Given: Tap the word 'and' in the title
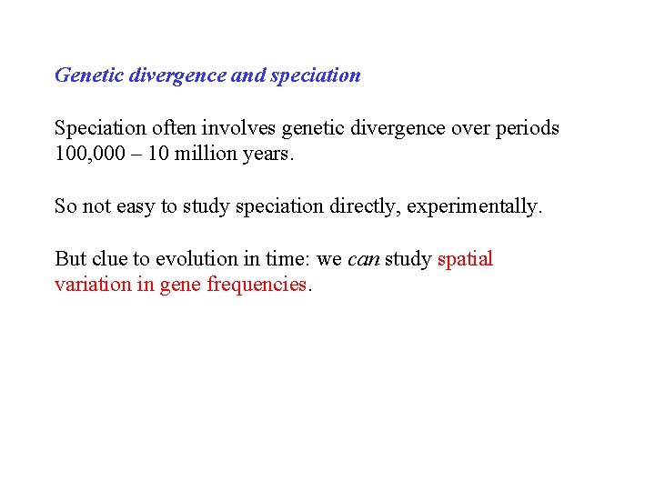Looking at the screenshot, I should (247, 75).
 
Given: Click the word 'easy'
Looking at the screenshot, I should (133, 207).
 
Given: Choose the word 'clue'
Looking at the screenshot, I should (109, 259).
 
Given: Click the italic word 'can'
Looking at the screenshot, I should (363, 259).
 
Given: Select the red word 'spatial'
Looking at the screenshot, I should (465, 259).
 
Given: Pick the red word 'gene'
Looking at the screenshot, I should (180, 286).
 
